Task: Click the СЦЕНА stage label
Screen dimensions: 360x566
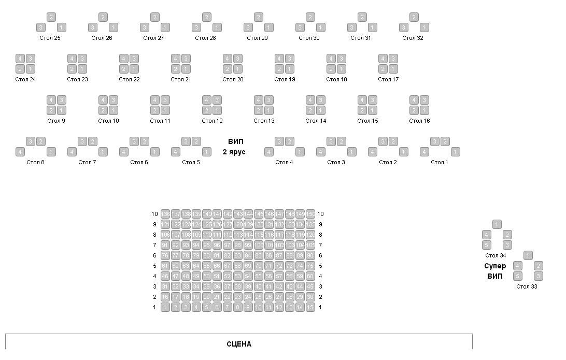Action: coord(239,344)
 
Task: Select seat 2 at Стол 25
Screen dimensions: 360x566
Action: coord(51,17)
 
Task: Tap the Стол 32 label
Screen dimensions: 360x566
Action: coord(413,38)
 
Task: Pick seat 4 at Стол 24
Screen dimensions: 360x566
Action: coord(20,59)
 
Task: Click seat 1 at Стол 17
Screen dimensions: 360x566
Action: coord(393,69)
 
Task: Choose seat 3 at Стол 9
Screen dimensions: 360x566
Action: coord(62,100)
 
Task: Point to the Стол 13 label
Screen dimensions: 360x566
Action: coord(264,121)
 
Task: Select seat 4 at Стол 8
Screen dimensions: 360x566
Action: coord(20,152)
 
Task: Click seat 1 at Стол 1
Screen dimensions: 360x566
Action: coord(456,152)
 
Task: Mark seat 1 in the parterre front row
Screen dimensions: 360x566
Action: coord(165,307)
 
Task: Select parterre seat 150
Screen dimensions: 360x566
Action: coord(310,214)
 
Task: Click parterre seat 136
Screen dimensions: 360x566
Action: coord(165,214)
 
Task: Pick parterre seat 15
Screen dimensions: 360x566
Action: coord(310,307)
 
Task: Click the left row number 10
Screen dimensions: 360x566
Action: coord(154,214)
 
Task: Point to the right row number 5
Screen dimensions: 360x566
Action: coord(321,266)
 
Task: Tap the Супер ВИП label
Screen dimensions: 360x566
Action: coord(495,271)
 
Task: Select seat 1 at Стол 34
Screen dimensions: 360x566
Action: coord(497,224)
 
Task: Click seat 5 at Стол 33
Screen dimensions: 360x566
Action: coord(518,276)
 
